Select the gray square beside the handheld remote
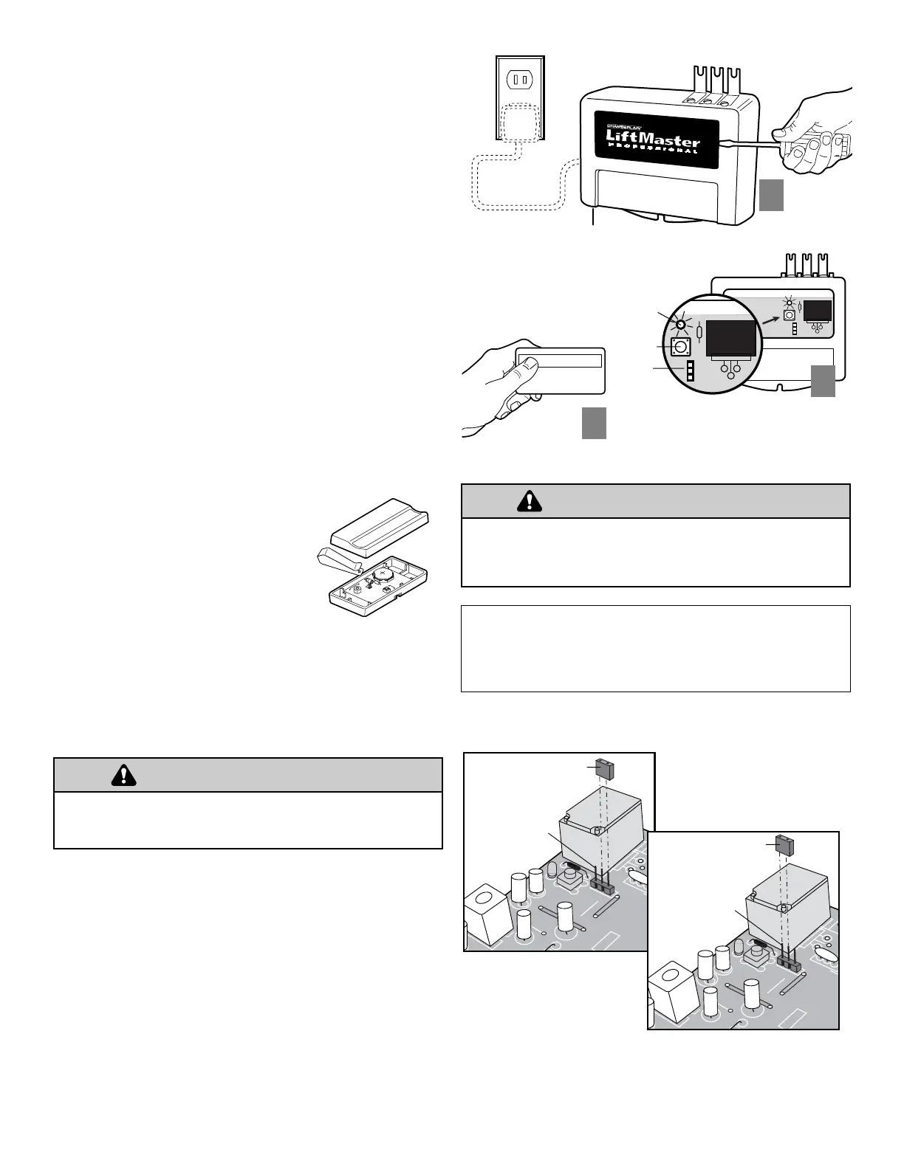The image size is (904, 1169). tap(594, 423)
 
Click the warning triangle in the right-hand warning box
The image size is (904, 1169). tap(530, 501)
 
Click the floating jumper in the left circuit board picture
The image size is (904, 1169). tap(606, 769)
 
